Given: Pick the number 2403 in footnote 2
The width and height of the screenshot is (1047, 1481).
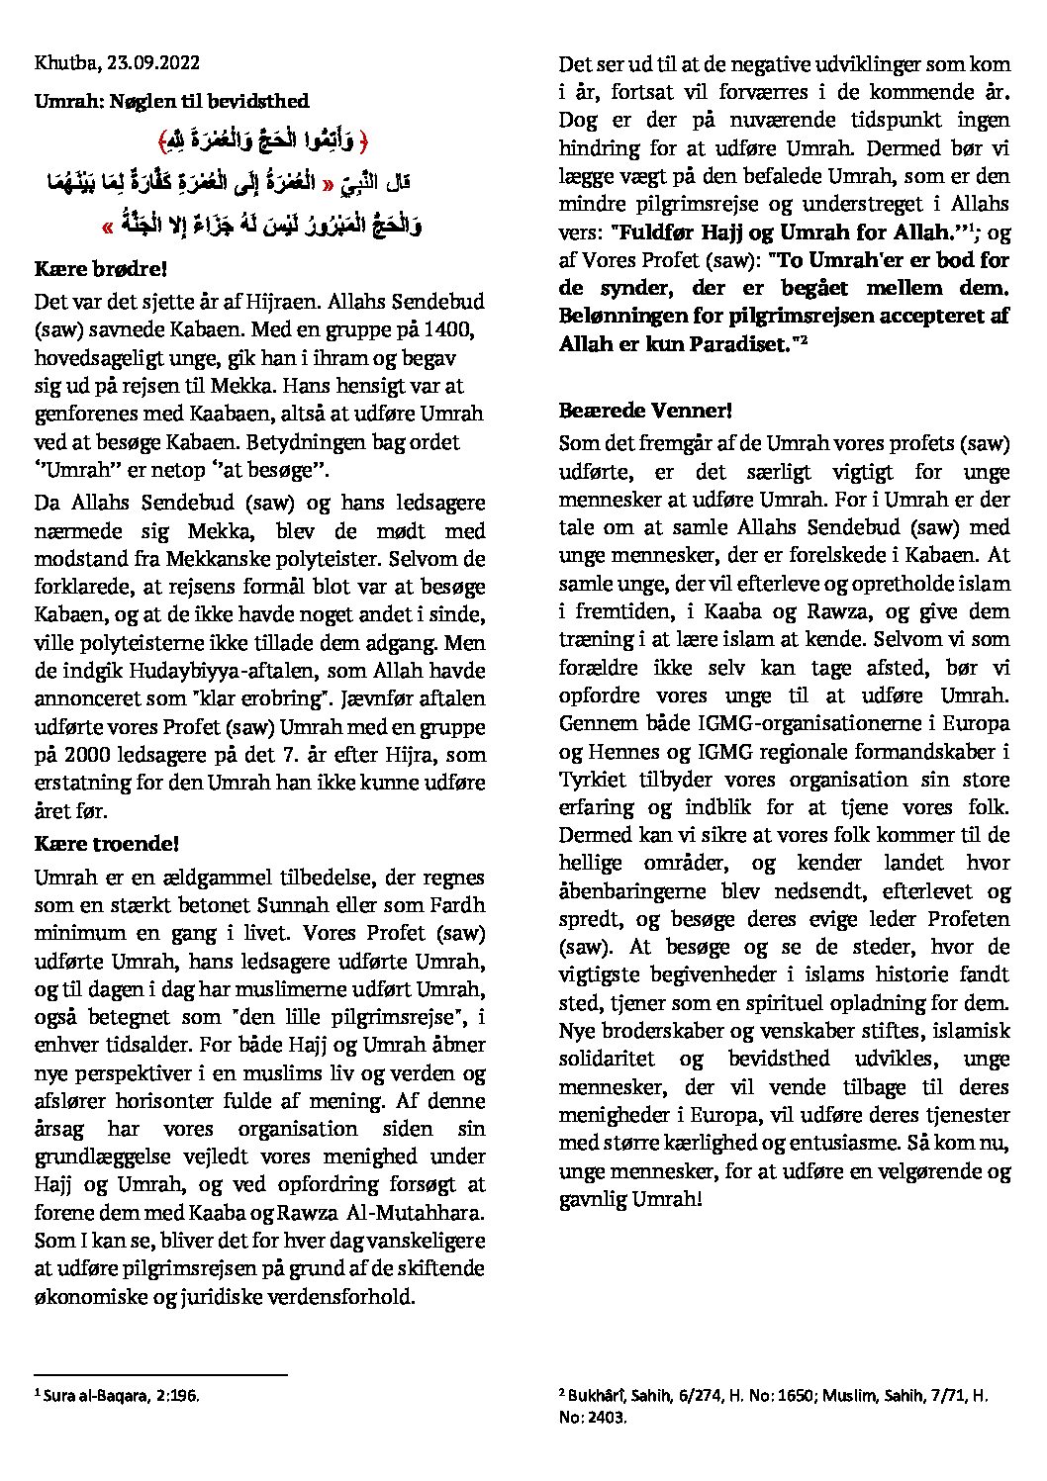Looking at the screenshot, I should pyautogui.click(x=608, y=1417).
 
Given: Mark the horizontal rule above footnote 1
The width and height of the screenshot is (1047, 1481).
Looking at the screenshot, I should pyautogui.click(x=160, y=1374).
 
